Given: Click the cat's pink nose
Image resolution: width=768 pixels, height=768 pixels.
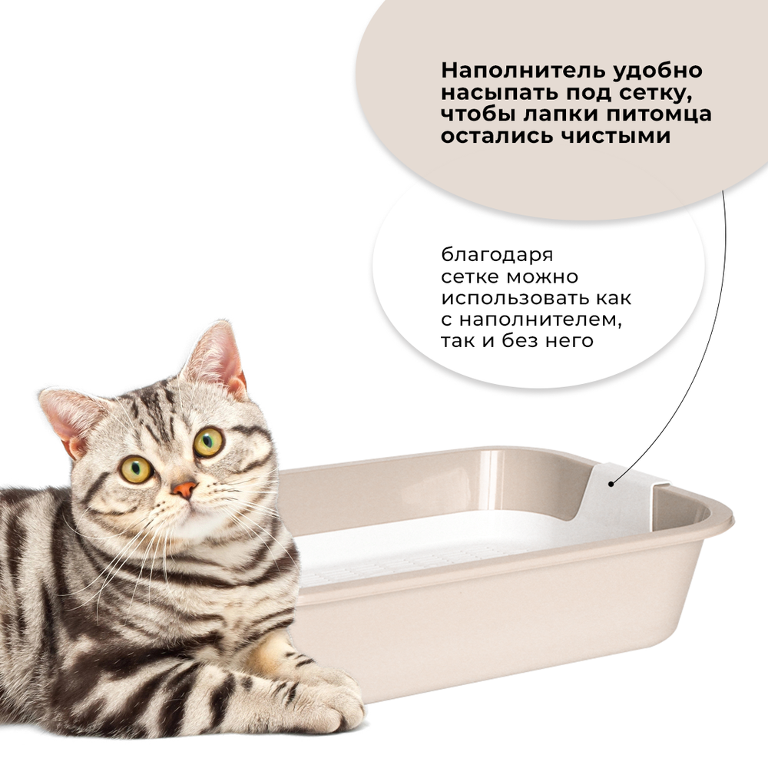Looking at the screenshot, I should click(184, 488).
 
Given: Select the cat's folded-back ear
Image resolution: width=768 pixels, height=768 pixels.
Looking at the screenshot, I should click(71, 419).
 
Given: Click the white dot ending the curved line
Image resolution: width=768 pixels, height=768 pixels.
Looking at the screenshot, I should click(611, 483).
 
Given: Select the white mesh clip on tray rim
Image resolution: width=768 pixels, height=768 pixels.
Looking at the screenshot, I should click(626, 492).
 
